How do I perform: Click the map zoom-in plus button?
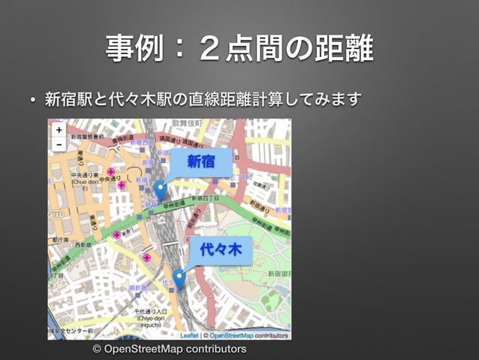click(59, 129)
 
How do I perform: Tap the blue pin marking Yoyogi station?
click(179, 279)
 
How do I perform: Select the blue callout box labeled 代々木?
click(220, 250)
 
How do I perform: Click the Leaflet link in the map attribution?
click(188, 335)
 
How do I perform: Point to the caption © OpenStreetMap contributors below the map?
click(169, 349)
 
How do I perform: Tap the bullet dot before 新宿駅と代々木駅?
click(33, 100)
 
